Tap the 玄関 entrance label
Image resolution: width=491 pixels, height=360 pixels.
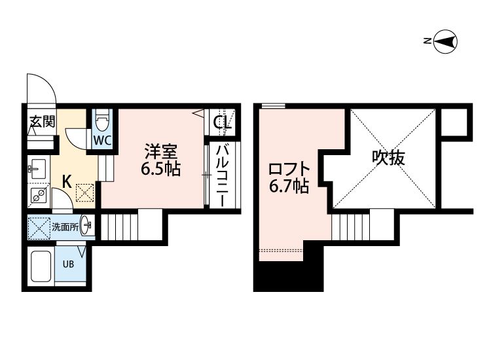tap(41, 122)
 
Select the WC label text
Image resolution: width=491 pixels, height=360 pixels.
tap(101, 140)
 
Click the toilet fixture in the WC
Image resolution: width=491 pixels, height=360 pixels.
tap(101, 122)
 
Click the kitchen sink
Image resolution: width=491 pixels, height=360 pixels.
tap(35, 170)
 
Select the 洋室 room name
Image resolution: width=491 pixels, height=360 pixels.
tap(160, 151)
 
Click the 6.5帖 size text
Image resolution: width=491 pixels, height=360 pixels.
tap(160, 168)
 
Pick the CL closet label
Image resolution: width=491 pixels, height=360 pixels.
tap(221, 122)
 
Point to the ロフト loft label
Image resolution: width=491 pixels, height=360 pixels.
tap(288, 168)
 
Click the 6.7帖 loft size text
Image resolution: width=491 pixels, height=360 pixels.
tap(288, 187)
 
